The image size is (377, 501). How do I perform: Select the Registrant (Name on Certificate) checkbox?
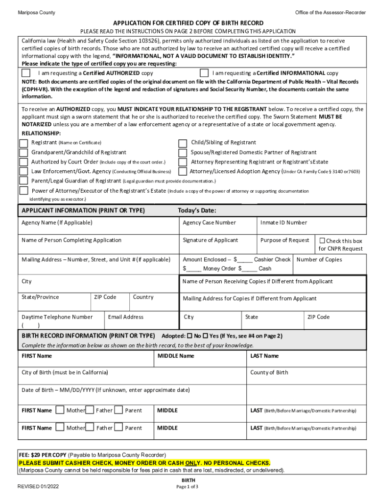coord(24,143)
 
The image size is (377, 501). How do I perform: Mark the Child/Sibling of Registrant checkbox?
coord(182,143)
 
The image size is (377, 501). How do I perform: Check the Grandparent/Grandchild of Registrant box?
coord(24,153)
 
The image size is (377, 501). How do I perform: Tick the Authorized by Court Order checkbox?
coord(24,162)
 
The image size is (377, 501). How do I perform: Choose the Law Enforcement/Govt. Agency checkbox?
coord(24,171)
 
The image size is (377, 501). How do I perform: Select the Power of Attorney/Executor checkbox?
coord(24,191)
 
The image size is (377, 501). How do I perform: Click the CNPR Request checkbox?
coord(322,241)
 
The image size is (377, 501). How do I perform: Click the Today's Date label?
coord(197,210)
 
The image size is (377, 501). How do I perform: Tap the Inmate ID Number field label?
coord(283,223)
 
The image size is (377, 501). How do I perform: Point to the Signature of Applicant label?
coord(210,240)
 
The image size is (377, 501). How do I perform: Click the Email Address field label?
coord(126,317)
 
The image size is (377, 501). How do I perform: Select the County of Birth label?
coord(269,372)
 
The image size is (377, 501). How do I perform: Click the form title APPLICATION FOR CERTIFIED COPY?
coord(188,23)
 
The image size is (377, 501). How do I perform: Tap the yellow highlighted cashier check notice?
coord(144,463)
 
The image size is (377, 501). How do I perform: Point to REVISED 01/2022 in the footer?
coord(38,487)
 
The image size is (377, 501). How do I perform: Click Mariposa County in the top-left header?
coord(37,12)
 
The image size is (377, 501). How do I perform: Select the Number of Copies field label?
coord(319,260)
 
